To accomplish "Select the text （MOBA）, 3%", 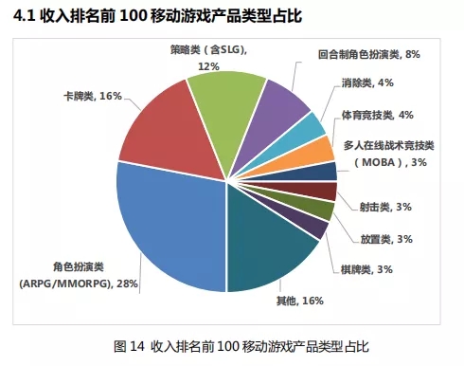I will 392,163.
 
